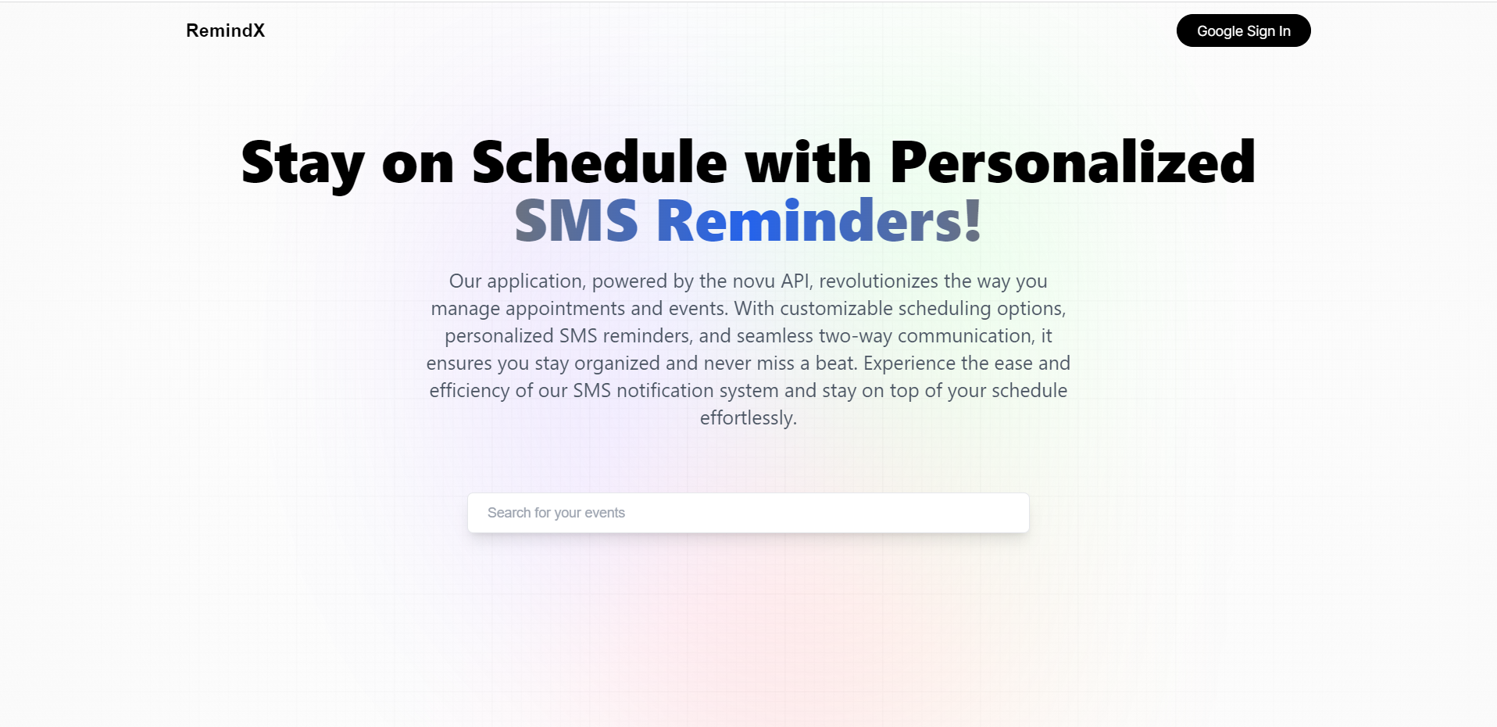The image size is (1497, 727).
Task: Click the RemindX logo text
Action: pyautogui.click(x=225, y=30)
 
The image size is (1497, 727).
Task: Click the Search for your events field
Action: pyautogui.click(x=748, y=513)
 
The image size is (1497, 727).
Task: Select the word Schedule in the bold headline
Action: pyautogui.click(x=599, y=162)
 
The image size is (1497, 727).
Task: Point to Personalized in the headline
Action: pyautogui.click(x=1072, y=162)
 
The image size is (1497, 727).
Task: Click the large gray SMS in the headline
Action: pyautogui.click(x=577, y=220)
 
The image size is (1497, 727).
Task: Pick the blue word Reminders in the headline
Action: pyautogui.click(x=809, y=220)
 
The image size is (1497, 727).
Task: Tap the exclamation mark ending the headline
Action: pyautogui.click(x=973, y=220)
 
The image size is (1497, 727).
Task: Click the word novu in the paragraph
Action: pyautogui.click(x=753, y=281)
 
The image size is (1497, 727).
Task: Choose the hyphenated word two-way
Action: pyautogui.click(x=855, y=336)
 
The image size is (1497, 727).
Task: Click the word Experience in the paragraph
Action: pyautogui.click(x=909, y=363)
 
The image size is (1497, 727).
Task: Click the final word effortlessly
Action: pyautogui.click(x=748, y=418)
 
